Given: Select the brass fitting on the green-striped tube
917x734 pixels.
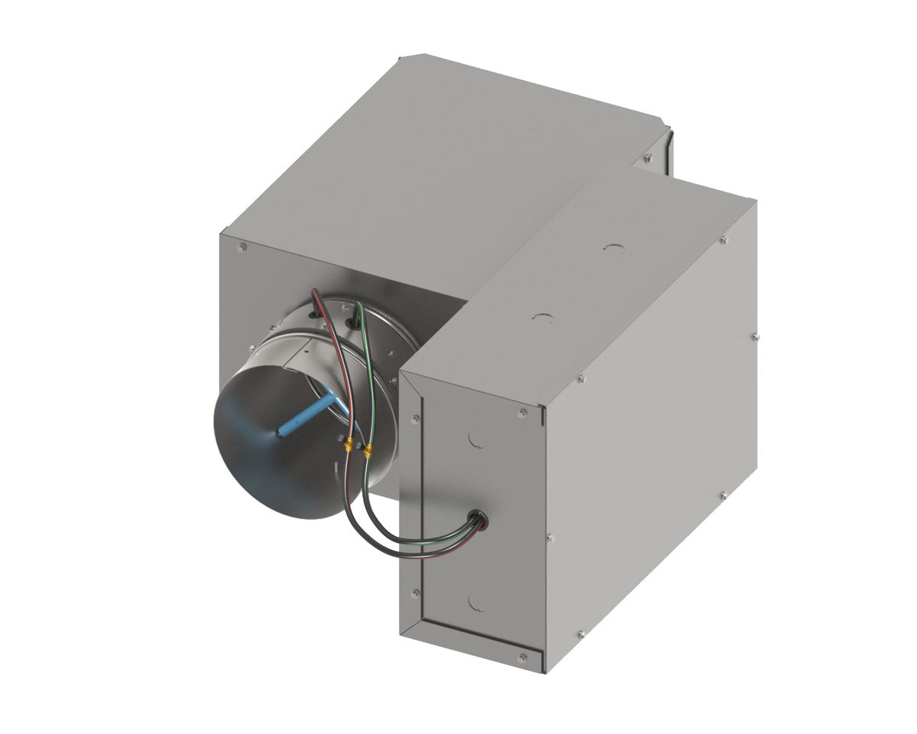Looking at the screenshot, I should (368, 451).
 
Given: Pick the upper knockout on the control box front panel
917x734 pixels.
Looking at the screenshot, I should (475, 437).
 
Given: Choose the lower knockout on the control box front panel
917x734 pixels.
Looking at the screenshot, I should (477, 601).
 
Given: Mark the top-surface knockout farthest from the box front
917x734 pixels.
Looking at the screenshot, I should (612, 248).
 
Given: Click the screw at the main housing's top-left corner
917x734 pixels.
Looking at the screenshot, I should (242, 248).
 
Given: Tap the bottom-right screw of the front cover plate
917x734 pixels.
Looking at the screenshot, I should (523, 657).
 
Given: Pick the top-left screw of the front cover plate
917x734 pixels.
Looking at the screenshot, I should (416, 419).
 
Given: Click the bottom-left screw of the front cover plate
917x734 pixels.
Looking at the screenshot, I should (415, 593).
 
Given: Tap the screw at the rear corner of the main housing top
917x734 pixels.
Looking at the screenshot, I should (647, 158).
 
